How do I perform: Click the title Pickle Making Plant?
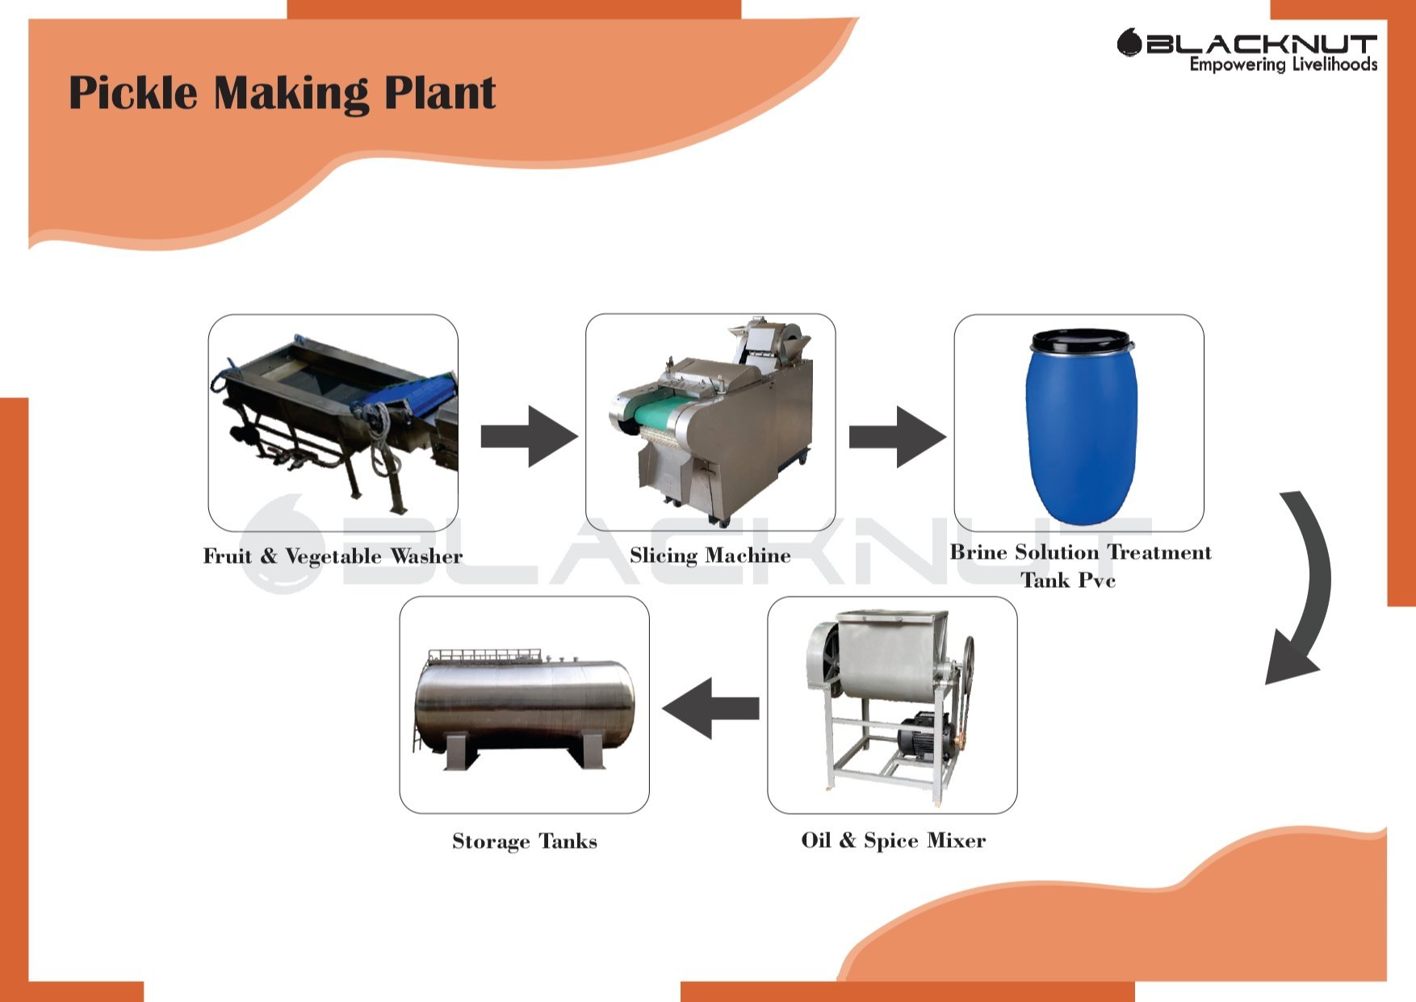pos(282,93)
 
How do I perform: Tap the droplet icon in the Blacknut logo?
pos(1128,42)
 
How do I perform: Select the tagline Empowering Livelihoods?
pos(1283,65)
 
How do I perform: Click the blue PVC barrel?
pos(1081,436)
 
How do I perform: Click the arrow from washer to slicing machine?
pos(529,436)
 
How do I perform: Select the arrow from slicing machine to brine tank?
pos(896,436)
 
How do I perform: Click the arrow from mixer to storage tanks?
pos(710,708)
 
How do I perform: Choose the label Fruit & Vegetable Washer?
pos(333,556)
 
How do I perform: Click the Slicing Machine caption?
pos(710,556)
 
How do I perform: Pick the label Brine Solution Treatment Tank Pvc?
pos(1080,566)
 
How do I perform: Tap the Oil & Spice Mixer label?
pos(893,841)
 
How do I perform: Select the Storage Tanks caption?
pos(525,841)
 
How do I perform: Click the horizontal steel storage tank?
pos(525,702)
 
